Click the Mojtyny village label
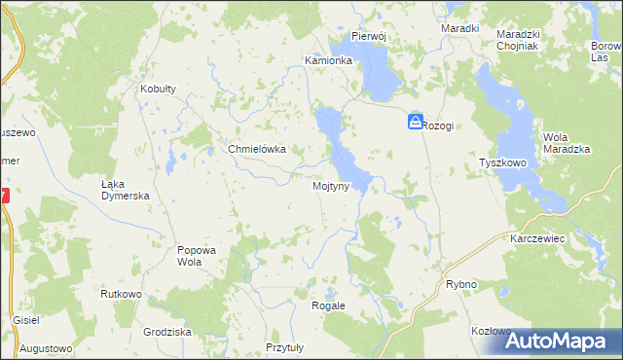330,185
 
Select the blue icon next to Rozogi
416,123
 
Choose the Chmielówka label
256,150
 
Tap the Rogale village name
328,306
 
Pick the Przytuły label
285,347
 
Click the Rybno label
460,284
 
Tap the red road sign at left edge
4,196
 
